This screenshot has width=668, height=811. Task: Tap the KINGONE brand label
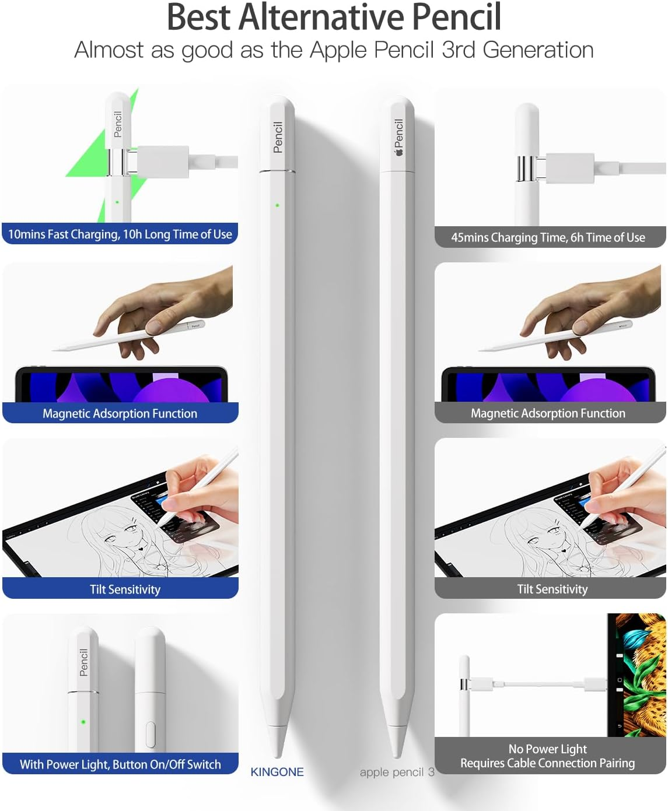[x=277, y=772]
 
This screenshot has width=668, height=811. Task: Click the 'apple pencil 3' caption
[x=397, y=772]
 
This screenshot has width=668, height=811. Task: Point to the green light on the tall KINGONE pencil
[x=277, y=205]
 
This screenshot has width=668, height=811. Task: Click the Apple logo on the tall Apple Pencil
[x=399, y=153]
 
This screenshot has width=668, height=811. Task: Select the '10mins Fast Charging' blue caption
[x=120, y=234]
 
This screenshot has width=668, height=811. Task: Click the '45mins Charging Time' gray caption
[x=548, y=237]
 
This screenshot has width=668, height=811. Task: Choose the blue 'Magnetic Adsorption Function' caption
[x=120, y=413]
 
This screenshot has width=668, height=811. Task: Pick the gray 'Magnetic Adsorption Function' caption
[x=548, y=413]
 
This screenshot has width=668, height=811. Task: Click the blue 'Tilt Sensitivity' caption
[x=125, y=589]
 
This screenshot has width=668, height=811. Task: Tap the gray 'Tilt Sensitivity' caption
[x=552, y=589]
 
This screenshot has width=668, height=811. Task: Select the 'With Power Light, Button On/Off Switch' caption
[x=120, y=764]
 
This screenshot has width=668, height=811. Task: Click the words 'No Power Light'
[x=547, y=749]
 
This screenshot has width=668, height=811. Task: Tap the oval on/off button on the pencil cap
[x=151, y=734]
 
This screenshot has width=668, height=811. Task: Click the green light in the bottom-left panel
[x=83, y=722]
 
